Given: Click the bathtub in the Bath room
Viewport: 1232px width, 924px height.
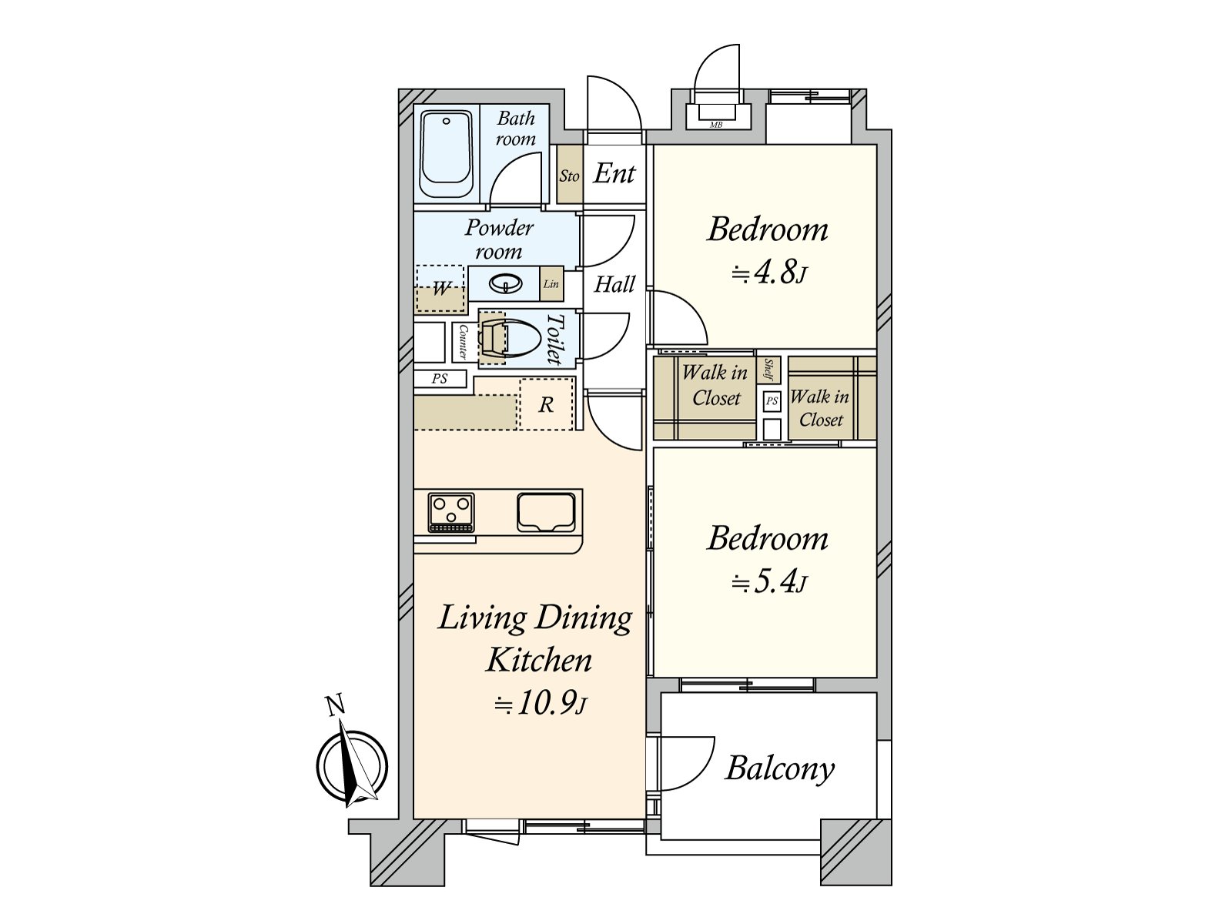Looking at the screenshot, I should [446, 155].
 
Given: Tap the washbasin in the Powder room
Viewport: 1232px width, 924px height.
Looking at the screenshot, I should [505, 285].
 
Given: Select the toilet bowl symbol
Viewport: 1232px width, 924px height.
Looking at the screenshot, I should [512, 339].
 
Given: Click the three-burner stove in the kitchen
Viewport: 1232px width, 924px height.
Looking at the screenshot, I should [451, 512].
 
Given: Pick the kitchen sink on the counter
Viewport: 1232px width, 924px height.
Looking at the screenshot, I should [546, 512].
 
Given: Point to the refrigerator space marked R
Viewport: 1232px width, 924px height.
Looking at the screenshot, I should [546, 405].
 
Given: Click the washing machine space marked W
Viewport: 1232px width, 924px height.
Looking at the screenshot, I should [441, 290].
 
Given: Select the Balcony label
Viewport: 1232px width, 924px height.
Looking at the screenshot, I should [779, 768].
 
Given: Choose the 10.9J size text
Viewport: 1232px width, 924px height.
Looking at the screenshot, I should [540, 705].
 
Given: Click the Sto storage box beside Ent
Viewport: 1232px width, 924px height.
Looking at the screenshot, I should [569, 176].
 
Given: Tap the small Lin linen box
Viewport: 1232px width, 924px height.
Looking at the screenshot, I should [551, 284].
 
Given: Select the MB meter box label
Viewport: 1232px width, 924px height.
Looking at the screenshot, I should [716, 125].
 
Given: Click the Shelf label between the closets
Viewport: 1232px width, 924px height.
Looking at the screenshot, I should [769, 370].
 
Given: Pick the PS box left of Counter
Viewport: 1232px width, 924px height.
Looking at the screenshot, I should [440, 379].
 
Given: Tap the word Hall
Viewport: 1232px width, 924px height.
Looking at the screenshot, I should [614, 285].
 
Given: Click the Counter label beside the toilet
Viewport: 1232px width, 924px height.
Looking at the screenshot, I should [463, 342].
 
